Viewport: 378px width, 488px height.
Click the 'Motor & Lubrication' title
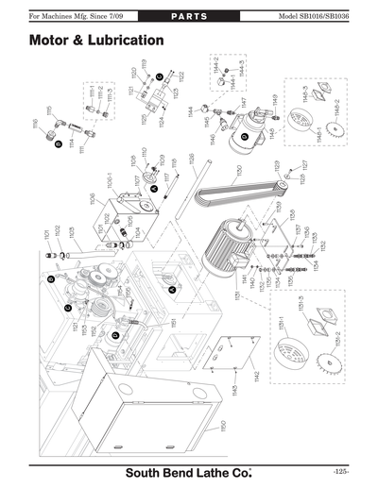click(x=97, y=42)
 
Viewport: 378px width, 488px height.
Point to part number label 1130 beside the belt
click(x=240, y=175)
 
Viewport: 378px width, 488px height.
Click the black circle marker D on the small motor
click(x=244, y=137)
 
